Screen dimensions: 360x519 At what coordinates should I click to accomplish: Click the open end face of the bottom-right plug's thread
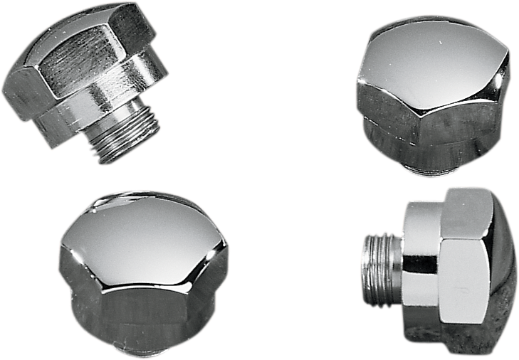pyautogui.click(x=366, y=259)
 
